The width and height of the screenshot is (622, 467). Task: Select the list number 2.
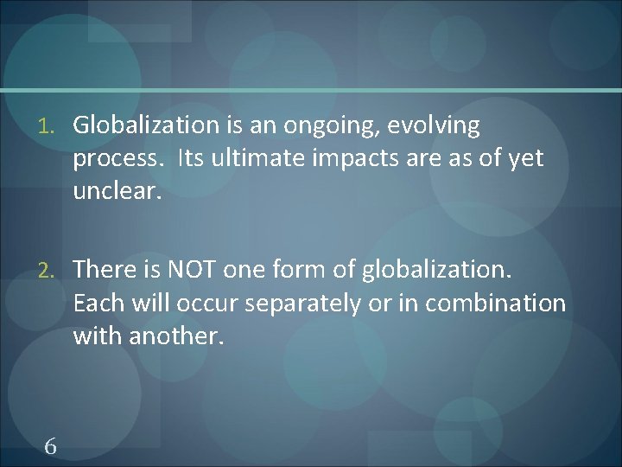50,271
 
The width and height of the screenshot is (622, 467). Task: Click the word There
102,270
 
